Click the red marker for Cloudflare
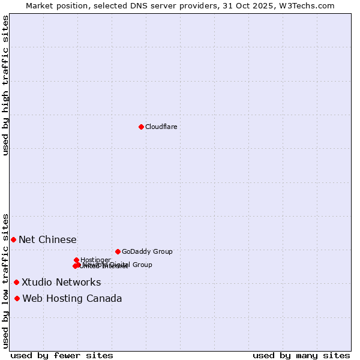tap(141, 127)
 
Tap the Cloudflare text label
tap(161, 127)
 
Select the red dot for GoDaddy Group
tap(118, 251)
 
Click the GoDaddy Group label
tap(147, 251)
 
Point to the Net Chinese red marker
tap(13, 239)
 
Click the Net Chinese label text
tap(47, 240)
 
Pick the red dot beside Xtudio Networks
tap(16, 282)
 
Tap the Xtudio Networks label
tap(61, 283)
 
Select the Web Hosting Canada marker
tap(17, 298)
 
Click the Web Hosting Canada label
tap(72, 299)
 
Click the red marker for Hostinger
tap(76, 260)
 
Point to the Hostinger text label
tap(95, 260)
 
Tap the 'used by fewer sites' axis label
tap(62, 356)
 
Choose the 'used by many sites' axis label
tap(301, 356)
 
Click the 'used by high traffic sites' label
tap(6, 85)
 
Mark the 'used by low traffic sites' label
tap(6, 280)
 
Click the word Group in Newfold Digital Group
tap(142, 265)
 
